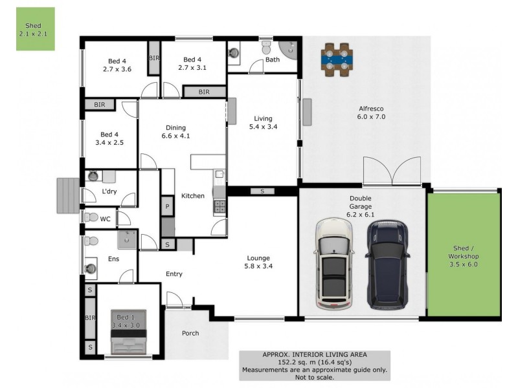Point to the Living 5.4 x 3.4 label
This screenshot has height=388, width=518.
263,123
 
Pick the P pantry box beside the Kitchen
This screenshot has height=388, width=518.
167,206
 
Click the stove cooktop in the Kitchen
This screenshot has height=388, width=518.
219,207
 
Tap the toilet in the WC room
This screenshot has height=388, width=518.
91,218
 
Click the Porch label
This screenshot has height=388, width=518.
190,334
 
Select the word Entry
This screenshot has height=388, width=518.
174,274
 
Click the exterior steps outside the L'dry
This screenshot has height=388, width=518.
67,195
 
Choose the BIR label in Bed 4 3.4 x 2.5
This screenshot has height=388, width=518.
99,104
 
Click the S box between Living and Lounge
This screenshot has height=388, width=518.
262,191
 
